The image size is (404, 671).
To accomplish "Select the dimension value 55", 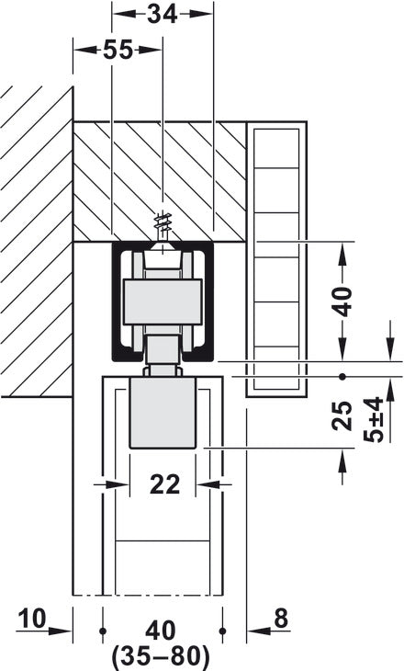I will coord(117,51).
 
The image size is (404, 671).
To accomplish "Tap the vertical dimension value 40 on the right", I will coord(342,300).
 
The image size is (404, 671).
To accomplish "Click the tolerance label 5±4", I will coord(374,419).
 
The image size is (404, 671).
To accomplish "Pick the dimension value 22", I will coord(165,483).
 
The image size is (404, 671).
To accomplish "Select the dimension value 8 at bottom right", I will coord(280,620).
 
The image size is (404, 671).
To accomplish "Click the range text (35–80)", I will coord(160,657).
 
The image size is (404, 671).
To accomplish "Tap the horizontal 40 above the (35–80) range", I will coord(160,631).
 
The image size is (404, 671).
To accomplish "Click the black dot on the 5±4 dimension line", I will coord(342,376).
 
